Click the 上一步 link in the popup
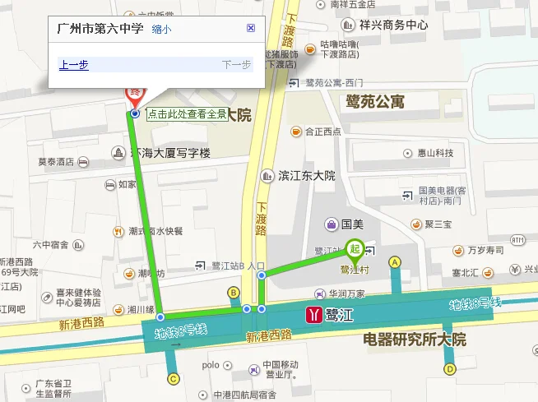74,65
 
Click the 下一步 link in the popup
236,65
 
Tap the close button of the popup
251,28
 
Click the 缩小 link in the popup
162,30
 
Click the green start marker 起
355,247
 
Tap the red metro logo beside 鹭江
313,313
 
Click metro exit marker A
395,262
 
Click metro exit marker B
234,293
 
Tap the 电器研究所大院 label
415,339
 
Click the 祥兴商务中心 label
394,25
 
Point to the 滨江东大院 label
307,175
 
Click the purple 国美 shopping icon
330,223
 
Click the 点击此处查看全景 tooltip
187,114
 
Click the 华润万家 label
347,292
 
